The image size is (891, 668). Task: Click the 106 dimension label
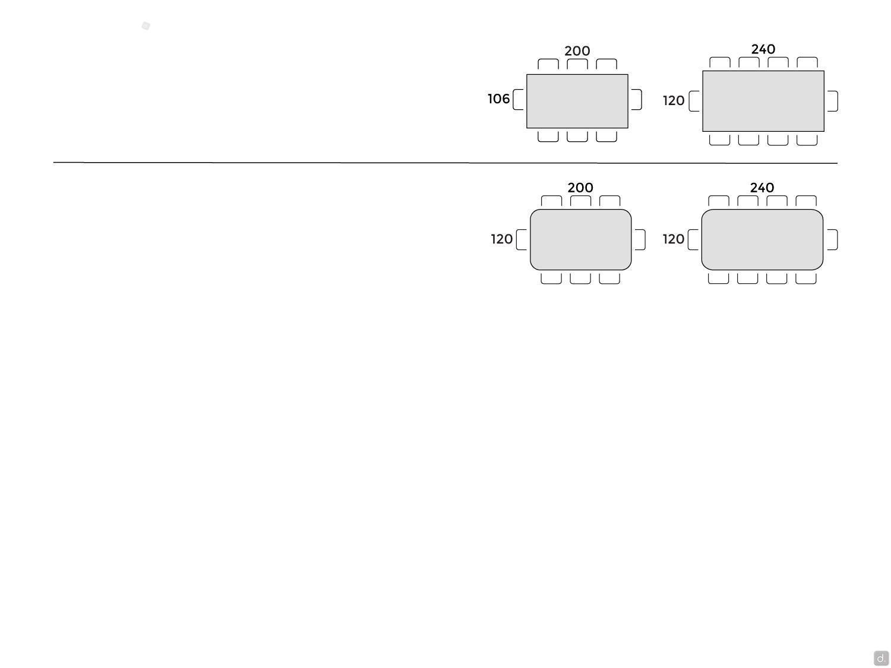coord(498,99)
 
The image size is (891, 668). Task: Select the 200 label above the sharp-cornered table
coord(577,50)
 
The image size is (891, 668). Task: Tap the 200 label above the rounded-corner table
coord(580,188)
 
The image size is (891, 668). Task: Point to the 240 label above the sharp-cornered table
coord(763,49)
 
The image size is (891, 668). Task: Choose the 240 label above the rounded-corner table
coord(762,188)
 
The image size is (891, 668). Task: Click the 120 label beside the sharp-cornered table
coord(674,100)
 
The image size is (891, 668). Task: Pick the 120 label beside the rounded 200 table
coord(502,239)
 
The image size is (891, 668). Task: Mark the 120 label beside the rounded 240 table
coord(674,239)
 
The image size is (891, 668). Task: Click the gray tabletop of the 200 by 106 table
coord(577,101)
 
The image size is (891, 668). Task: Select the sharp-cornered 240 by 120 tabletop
coord(763,101)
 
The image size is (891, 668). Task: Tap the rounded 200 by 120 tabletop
coord(580,239)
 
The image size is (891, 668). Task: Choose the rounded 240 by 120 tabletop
coord(762,239)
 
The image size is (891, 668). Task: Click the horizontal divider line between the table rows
coord(445,163)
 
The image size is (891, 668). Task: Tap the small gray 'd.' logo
coord(881,658)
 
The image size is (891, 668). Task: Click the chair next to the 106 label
coord(518,99)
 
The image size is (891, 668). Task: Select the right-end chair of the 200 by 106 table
coord(637,99)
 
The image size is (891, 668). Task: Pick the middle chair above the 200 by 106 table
coord(577,64)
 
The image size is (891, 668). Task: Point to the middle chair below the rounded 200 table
coord(580,278)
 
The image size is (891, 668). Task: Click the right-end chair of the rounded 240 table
coord(832,239)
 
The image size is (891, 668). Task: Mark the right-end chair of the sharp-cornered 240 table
coord(833,101)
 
